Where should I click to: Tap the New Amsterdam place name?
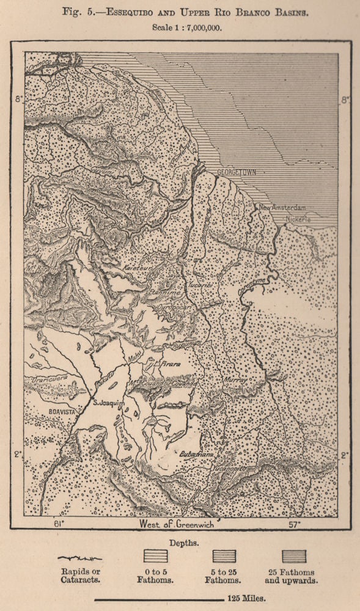[281, 208]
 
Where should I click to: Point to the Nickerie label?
[296, 219]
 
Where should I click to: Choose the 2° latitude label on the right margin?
[344, 455]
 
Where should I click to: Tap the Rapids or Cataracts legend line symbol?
[79, 558]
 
